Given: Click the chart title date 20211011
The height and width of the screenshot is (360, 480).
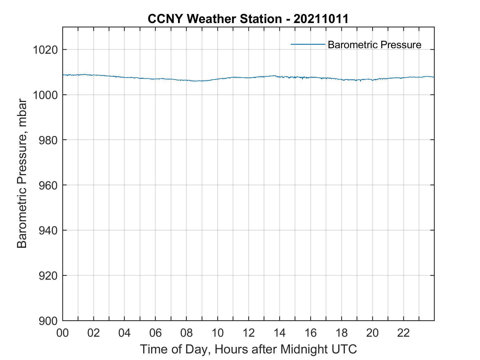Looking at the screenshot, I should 321,19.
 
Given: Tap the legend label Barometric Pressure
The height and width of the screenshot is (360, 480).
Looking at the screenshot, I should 374,45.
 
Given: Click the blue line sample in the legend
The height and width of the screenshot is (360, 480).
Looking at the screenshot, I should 308,44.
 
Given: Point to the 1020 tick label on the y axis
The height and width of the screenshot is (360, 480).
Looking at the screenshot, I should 46,50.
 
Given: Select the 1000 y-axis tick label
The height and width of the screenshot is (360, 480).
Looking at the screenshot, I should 46,95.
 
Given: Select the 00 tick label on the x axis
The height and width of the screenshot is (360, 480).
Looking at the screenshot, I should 63,333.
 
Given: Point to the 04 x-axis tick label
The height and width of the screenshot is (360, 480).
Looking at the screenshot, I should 125,333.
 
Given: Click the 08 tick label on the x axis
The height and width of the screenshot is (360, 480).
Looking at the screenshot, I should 187,333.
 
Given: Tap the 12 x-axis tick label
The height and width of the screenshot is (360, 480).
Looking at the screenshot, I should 249,333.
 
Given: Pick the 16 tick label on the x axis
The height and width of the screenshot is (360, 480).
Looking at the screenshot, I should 310,333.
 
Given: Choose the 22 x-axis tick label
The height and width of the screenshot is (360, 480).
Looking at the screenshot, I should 403,333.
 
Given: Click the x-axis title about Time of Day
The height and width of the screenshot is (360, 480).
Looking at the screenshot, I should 248,349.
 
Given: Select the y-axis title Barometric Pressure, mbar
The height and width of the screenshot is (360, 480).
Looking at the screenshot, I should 22,174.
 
